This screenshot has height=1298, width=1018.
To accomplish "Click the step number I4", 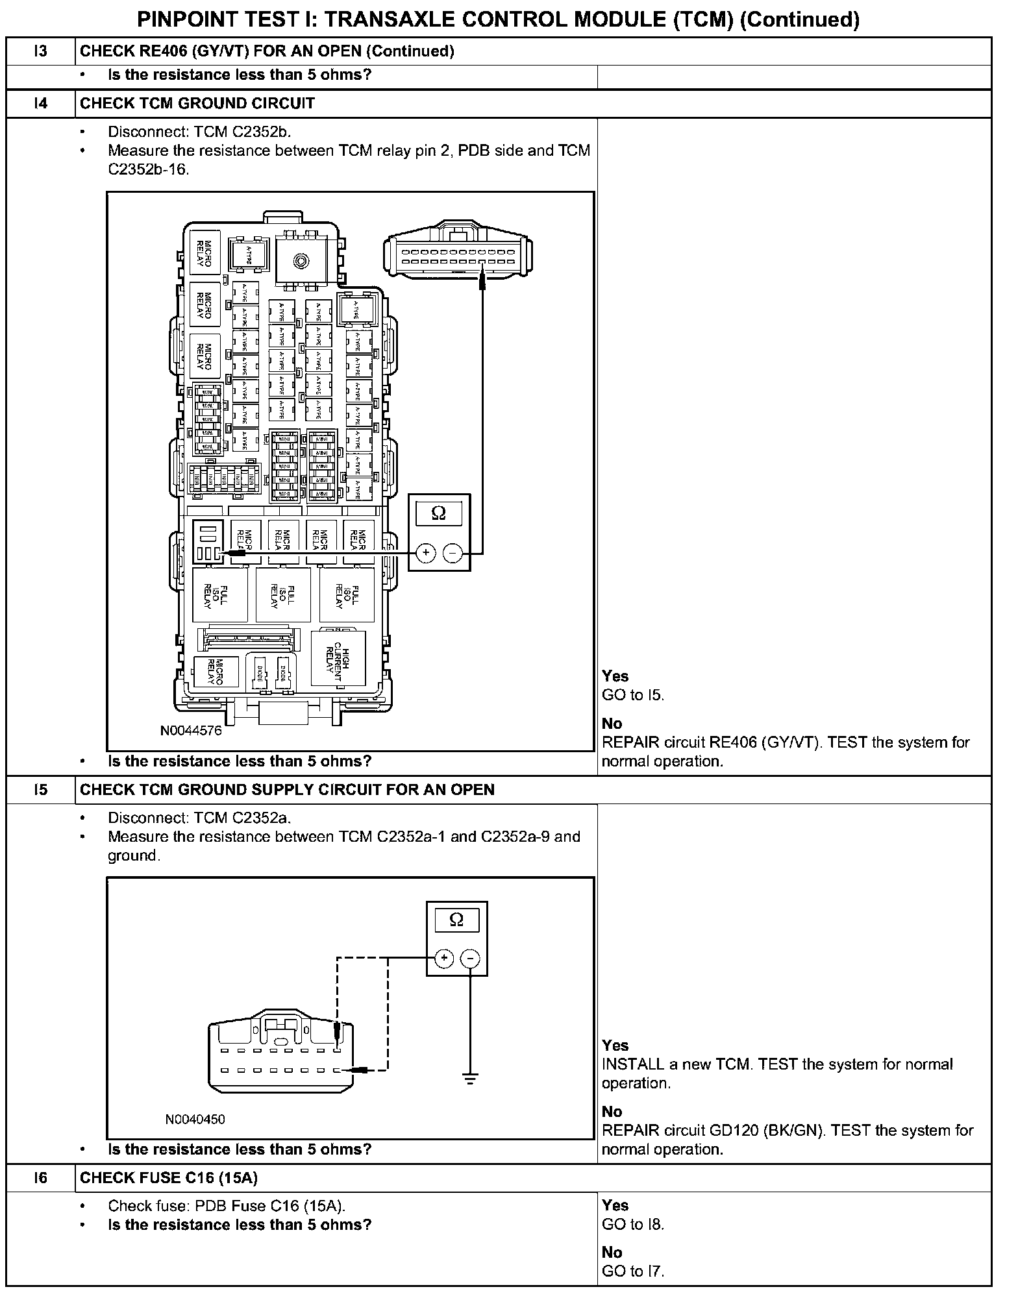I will [41, 103].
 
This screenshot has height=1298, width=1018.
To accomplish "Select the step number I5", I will [41, 790].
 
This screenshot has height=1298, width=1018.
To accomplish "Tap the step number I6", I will [41, 1178].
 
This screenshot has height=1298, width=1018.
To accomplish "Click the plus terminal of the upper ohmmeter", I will [426, 553].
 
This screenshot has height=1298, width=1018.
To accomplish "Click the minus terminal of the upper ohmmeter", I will [453, 553].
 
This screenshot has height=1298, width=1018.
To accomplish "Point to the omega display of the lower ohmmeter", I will [456, 920].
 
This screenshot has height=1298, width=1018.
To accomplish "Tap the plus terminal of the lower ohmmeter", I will [444, 959].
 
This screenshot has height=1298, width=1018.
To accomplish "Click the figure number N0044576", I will [191, 731].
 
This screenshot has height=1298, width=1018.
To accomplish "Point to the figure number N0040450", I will [195, 1119].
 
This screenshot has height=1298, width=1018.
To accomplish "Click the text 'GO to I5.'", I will [633, 695].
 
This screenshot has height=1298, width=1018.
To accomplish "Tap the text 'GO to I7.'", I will [633, 1271].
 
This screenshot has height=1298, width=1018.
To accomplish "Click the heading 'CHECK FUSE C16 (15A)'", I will [169, 1178].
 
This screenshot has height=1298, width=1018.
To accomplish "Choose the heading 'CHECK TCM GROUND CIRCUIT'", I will [197, 103].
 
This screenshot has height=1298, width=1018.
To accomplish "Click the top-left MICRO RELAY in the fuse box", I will [204, 253].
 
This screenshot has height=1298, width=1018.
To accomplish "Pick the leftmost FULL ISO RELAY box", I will [219, 595].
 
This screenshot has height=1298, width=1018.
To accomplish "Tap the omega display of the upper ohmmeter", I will [439, 513].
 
